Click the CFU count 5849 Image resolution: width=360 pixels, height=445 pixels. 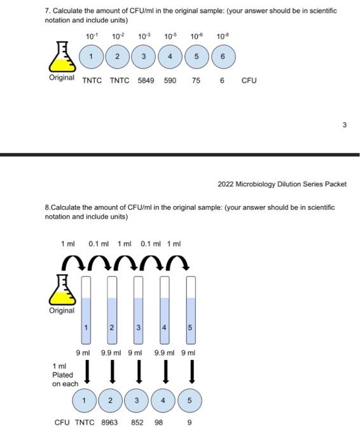(146, 81)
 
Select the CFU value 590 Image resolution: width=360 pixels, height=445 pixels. (170, 81)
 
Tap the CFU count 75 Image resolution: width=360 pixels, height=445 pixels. (197, 81)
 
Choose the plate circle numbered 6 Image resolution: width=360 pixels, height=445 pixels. (223, 57)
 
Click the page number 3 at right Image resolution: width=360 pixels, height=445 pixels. (344, 125)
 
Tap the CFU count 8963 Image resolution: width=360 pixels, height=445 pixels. (110, 422)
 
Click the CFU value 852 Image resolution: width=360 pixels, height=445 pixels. (137, 422)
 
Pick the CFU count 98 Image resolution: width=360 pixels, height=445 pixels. (159, 422)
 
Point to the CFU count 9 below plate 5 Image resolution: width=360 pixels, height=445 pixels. (190, 422)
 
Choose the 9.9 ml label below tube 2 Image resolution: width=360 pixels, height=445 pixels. (111, 353)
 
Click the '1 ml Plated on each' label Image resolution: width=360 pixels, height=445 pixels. (65, 375)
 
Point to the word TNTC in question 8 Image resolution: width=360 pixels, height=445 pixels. (85, 422)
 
